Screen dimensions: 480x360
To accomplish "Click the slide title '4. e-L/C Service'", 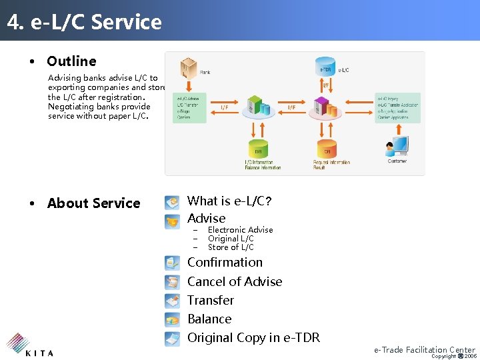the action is [85, 22].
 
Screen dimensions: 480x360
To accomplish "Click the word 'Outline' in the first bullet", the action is [71, 61].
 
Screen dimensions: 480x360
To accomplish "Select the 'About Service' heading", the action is [93, 203].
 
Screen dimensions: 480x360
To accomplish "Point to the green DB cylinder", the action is [257, 149].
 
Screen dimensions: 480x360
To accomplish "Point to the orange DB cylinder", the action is [327, 149].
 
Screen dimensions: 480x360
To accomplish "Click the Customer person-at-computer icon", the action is [398, 146].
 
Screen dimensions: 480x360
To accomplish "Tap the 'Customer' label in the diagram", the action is [397, 161].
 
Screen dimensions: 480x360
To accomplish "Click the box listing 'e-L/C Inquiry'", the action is [397, 107].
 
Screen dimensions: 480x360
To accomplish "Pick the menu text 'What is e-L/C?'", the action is [229, 201].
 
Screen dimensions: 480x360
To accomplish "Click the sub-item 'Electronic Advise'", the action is [240, 230].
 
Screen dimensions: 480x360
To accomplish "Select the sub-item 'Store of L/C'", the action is [231, 247].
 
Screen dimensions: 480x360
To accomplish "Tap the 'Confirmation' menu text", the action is [225, 262].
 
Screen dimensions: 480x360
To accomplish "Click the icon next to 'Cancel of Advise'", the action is [173, 282].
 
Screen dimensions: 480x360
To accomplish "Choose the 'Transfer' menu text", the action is [211, 300].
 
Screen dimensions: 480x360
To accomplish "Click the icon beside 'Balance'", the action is [173, 319].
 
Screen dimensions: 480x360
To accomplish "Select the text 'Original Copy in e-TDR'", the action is [253, 338].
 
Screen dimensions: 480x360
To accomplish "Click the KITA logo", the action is [30, 345].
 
